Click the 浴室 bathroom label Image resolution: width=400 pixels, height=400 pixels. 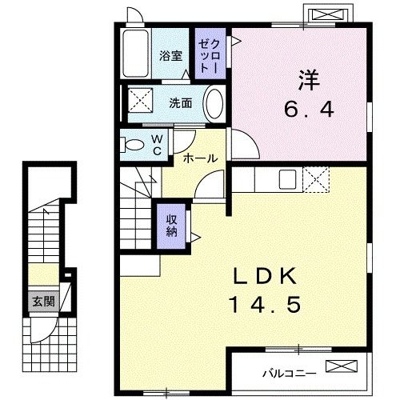click(x=170, y=56)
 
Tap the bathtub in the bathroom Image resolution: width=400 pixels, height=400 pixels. click(x=138, y=54)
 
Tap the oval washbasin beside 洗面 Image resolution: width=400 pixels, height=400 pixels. click(x=214, y=103)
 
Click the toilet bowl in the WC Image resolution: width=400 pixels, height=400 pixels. click(x=131, y=146)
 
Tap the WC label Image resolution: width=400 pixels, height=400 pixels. click(x=158, y=144)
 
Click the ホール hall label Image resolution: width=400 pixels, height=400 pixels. click(x=199, y=158)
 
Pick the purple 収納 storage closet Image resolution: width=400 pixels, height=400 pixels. click(x=172, y=222)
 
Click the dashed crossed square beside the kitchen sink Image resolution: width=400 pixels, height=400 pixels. click(x=315, y=180)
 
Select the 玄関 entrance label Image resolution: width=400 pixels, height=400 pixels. click(x=43, y=302)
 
